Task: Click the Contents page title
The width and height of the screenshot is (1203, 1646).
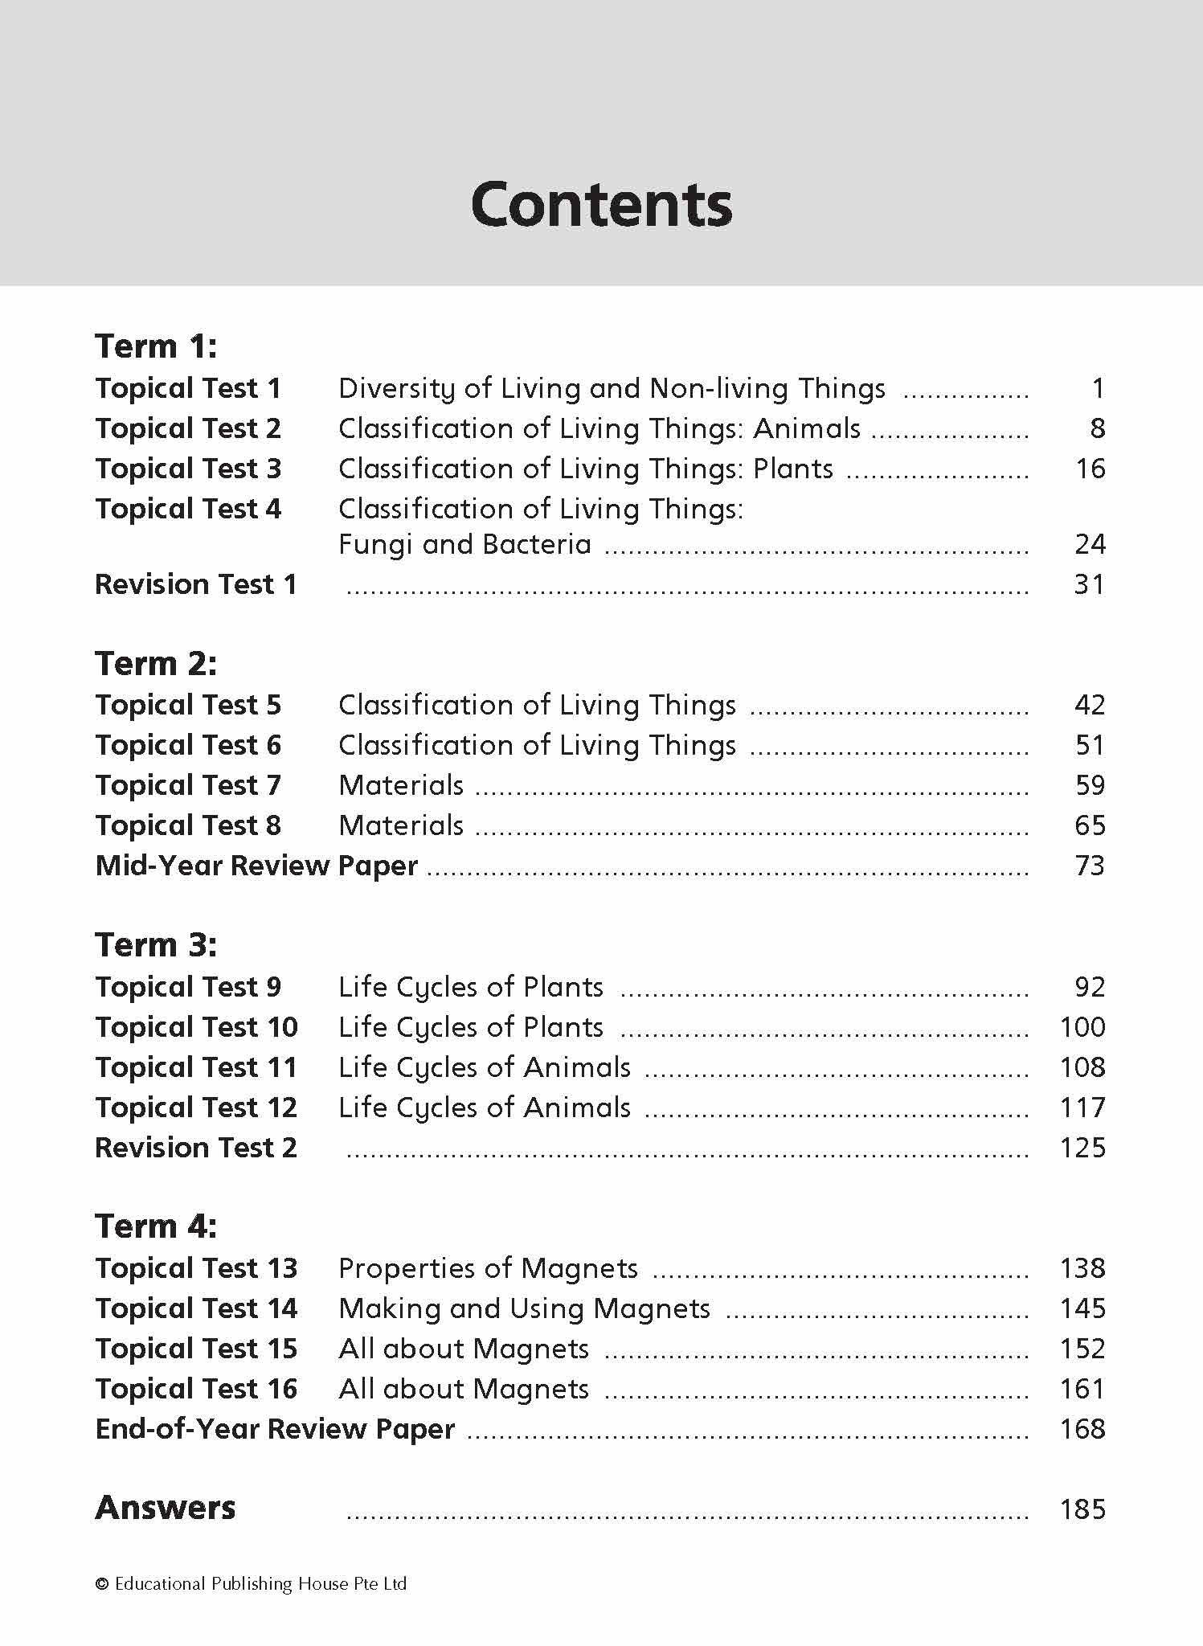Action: [x=601, y=204]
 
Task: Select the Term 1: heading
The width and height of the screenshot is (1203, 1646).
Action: [x=156, y=346]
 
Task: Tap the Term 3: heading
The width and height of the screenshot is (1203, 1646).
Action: [x=156, y=945]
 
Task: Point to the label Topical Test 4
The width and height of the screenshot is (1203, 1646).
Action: [x=188, y=509]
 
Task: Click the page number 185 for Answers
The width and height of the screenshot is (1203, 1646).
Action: [x=1082, y=1509]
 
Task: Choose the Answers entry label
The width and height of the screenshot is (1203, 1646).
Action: [x=166, y=1508]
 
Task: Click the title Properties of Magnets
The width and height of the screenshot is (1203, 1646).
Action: [x=488, y=1268]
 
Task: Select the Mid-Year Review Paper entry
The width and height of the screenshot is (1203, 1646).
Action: [x=256, y=866]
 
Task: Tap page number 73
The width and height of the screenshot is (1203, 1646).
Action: [x=1089, y=866]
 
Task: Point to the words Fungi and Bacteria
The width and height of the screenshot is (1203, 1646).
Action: [x=464, y=545]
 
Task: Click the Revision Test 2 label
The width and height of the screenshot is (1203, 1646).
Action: [x=196, y=1148]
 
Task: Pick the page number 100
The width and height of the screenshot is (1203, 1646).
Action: [x=1082, y=1027]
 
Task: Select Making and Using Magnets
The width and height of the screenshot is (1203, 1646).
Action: [x=524, y=1308]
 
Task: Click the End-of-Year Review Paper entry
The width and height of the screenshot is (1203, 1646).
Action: [x=275, y=1429]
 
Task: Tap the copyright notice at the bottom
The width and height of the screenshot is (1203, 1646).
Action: [x=252, y=1584]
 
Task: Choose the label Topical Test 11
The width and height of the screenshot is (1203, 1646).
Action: [x=196, y=1067]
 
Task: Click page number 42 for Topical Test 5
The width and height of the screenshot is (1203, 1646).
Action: [x=1089, y=705]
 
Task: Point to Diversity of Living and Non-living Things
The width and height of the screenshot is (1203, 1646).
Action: [x=612, y=388]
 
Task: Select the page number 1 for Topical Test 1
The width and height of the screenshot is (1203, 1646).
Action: [x=1098, y=388]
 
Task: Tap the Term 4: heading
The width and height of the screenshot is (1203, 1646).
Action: [x=156, y=1226]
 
